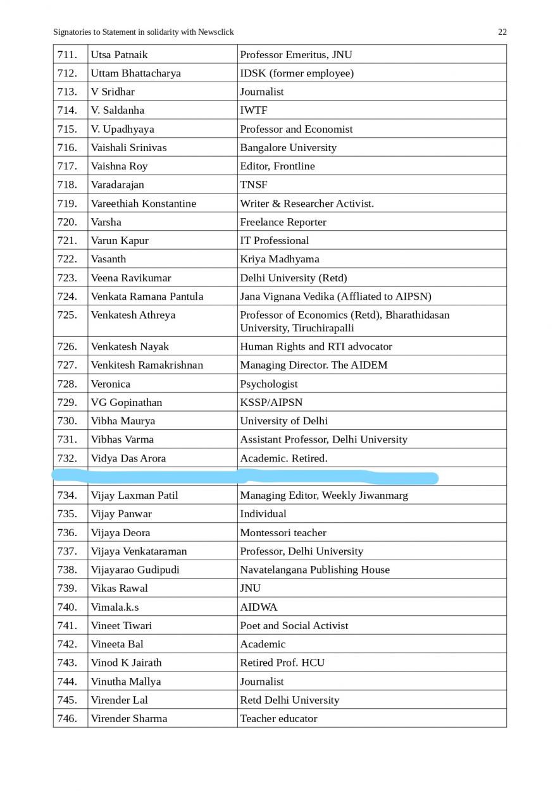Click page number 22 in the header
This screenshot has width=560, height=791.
(x=502, y=32)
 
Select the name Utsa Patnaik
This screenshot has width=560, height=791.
(x=119, y=54)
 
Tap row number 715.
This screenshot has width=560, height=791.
(x=67, y=129)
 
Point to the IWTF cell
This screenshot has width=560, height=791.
(x=254, y=110)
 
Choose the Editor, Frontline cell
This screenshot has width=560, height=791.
(x=277, y=166)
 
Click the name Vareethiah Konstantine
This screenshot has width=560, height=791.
(x=143, y=204)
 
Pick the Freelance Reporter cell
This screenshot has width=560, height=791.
(x=283, y=222)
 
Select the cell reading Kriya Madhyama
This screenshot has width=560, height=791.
(x=279, y=259)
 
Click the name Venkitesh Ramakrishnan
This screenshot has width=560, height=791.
(x=147, y=365)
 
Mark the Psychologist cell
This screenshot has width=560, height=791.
(x=268, y=384)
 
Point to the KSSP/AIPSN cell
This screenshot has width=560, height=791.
(x=271, y=402)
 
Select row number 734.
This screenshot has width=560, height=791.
(x=67, y=495)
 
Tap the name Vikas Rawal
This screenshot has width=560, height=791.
(x=119, y=588)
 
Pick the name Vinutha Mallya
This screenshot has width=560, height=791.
(x=125, y=682)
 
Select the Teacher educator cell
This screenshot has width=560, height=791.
(x=278, y=718)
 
